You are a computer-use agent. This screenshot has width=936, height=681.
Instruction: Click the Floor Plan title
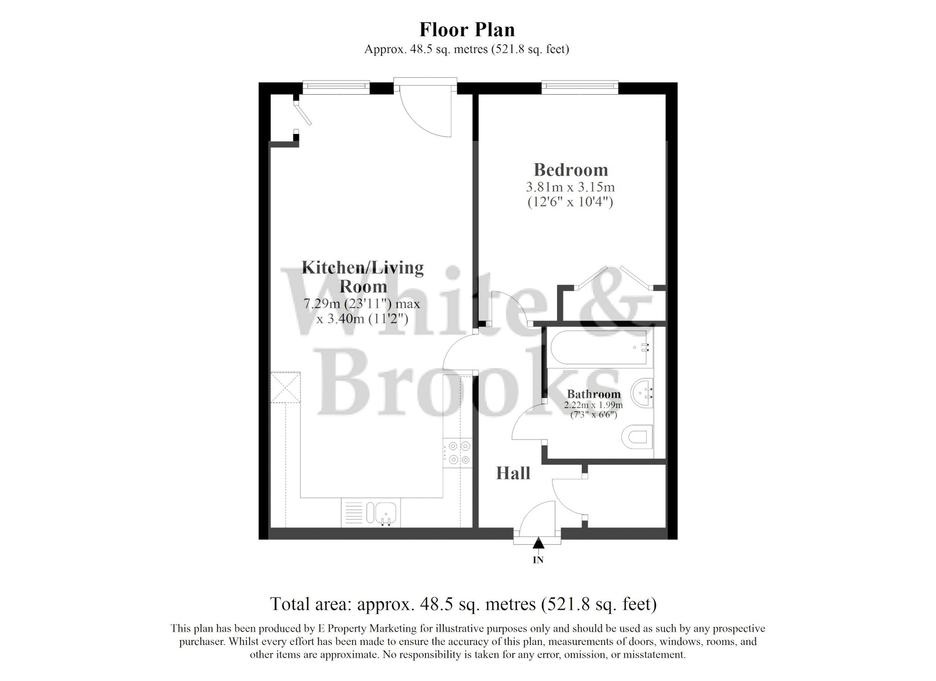pos(467,30)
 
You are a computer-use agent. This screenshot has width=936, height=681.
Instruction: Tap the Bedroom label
pos(570,169)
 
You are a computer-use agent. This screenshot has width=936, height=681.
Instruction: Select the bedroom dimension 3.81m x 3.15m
pos(570,187)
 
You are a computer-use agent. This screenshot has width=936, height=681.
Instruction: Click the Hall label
pos(513,474)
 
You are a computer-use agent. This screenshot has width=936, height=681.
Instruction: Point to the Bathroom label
pos(593,394)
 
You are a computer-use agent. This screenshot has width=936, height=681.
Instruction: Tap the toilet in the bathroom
pos(637,437)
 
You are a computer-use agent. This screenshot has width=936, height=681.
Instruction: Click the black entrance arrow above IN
pos(539,543)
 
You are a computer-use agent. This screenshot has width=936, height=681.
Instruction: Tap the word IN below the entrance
pos(538,560)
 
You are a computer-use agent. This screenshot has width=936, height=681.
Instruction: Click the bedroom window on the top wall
pos(580,86)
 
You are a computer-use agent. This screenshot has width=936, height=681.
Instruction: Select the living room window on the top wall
pos(335,86)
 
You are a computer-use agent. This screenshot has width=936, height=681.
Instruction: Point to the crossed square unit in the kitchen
pos(285,387)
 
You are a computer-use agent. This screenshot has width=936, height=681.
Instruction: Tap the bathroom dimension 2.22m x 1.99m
pos(593,405)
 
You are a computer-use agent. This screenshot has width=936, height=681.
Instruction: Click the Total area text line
pos(463,604)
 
